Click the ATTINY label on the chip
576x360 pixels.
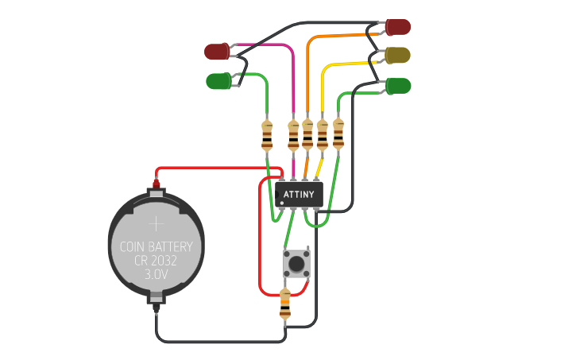299,194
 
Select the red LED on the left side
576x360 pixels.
217,52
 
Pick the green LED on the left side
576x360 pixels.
218,80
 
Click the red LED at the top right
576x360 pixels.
398,27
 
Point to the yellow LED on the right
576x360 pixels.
398,55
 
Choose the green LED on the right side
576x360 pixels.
398,85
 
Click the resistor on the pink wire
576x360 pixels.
293,136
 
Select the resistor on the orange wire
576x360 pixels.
307,135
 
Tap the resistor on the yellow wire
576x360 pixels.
322,135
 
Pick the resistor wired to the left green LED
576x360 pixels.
267,136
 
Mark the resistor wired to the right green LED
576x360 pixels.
338,134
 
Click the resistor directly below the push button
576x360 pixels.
285,304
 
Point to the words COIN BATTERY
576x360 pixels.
156,247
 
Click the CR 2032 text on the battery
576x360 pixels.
156,261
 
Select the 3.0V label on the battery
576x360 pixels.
156,274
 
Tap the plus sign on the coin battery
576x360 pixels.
157,224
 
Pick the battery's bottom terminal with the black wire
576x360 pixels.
157,300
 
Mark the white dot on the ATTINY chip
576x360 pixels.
281,203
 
